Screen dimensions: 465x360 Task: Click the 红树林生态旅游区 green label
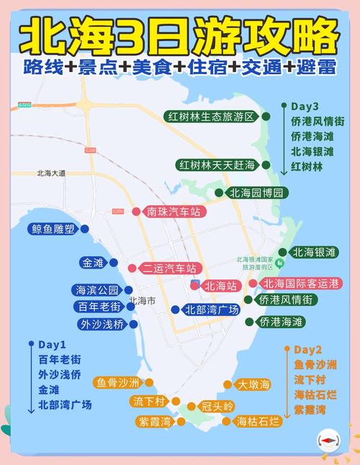point(210,117)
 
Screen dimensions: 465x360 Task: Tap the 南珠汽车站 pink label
point(173,212)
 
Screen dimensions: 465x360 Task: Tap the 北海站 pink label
point(220,286)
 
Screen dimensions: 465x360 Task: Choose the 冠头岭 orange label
point(217,406)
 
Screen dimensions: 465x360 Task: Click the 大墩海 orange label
point(253,384)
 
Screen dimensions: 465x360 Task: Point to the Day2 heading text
point(308,350)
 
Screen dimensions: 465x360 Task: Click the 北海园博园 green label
point(256,193)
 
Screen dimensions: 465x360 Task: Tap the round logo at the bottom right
point(328,441)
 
